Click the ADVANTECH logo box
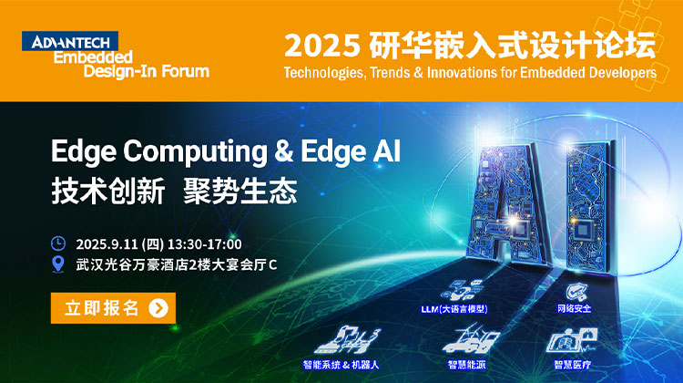click(x=70, y=41)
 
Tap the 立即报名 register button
click(x=113, y=308)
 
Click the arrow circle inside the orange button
click(x=158, y=308)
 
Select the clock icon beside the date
click(x=58, y=243)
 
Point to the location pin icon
click(x=58, y=264)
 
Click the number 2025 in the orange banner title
click(x=322, y=46)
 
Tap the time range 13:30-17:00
click(x=204, y=244)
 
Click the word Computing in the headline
click(x=195, y=152)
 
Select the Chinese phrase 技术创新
click(x=108, y=191)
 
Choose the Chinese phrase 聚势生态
click(x=240, y=191)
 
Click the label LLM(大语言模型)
click(x=454, y=309)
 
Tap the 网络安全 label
click(x=575, y=309)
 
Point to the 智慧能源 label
click(x=466, y=365)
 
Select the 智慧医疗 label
click(x=573, y=365)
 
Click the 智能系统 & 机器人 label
click(x=341, y=365)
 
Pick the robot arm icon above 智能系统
click(x=347, y=340)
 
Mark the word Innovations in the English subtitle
click(x=462, y=72)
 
